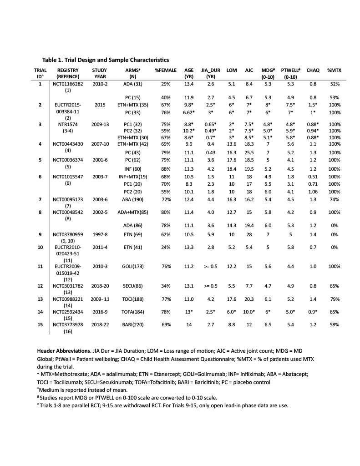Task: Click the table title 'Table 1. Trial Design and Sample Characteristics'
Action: click(106, 60)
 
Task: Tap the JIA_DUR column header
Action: click(211, 70)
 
